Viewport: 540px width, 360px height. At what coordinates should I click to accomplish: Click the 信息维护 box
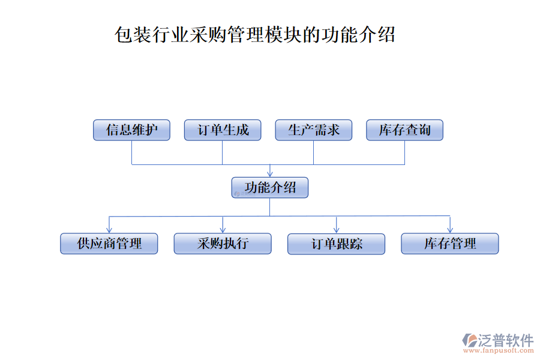pyautogui.click(x=131, y=130)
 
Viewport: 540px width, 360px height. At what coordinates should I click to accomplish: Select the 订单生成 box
pyautogui.click(x=223, y=130)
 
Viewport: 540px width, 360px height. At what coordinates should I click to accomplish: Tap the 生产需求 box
pyautogui.click(x=313, y=130)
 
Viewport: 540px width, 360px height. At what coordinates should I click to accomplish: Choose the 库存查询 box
pyautogui.click(x=404, y=130)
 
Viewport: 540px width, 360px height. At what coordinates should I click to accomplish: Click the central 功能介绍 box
pyautogui.click(x=269, y=187)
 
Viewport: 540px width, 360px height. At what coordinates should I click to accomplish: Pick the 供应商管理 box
pyautogui.click(x=109, y=244)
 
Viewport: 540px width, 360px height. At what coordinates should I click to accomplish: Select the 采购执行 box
pyautogui.click(x=223, y=244)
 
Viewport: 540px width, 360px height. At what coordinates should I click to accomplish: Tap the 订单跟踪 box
pyautogui.click(x=336, y=244)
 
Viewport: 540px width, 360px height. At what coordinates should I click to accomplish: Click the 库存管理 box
pyautogui.click(x=450, y=244)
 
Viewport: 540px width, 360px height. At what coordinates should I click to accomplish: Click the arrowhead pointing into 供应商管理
pyautogui.click(x=109, y=230)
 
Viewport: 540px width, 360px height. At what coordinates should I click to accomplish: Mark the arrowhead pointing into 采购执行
pyautogui.click(x=223, y=230)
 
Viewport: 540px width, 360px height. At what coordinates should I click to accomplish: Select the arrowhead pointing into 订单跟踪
pyautogui.click(x=337, y=230)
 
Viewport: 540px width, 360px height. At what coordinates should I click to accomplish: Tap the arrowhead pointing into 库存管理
pyautogui.click(x=450, y=230)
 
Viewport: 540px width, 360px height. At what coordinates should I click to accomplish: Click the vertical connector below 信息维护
pyautogui.click(x=132, y=152)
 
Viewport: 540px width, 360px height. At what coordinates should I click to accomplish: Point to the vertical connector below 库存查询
pyautogui.click(x=404, y=152)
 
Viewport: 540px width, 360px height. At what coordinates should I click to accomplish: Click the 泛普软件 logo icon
pyautogui.click(x=469, y=340)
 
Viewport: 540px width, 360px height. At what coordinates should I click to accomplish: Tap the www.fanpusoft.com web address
pyautogui.click(x=499, y=350)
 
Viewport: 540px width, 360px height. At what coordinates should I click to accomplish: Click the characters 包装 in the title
pyautogui.click(x=133, y=35)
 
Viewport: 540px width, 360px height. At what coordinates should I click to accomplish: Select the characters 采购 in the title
pyautogui.click(x=208, y=35)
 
